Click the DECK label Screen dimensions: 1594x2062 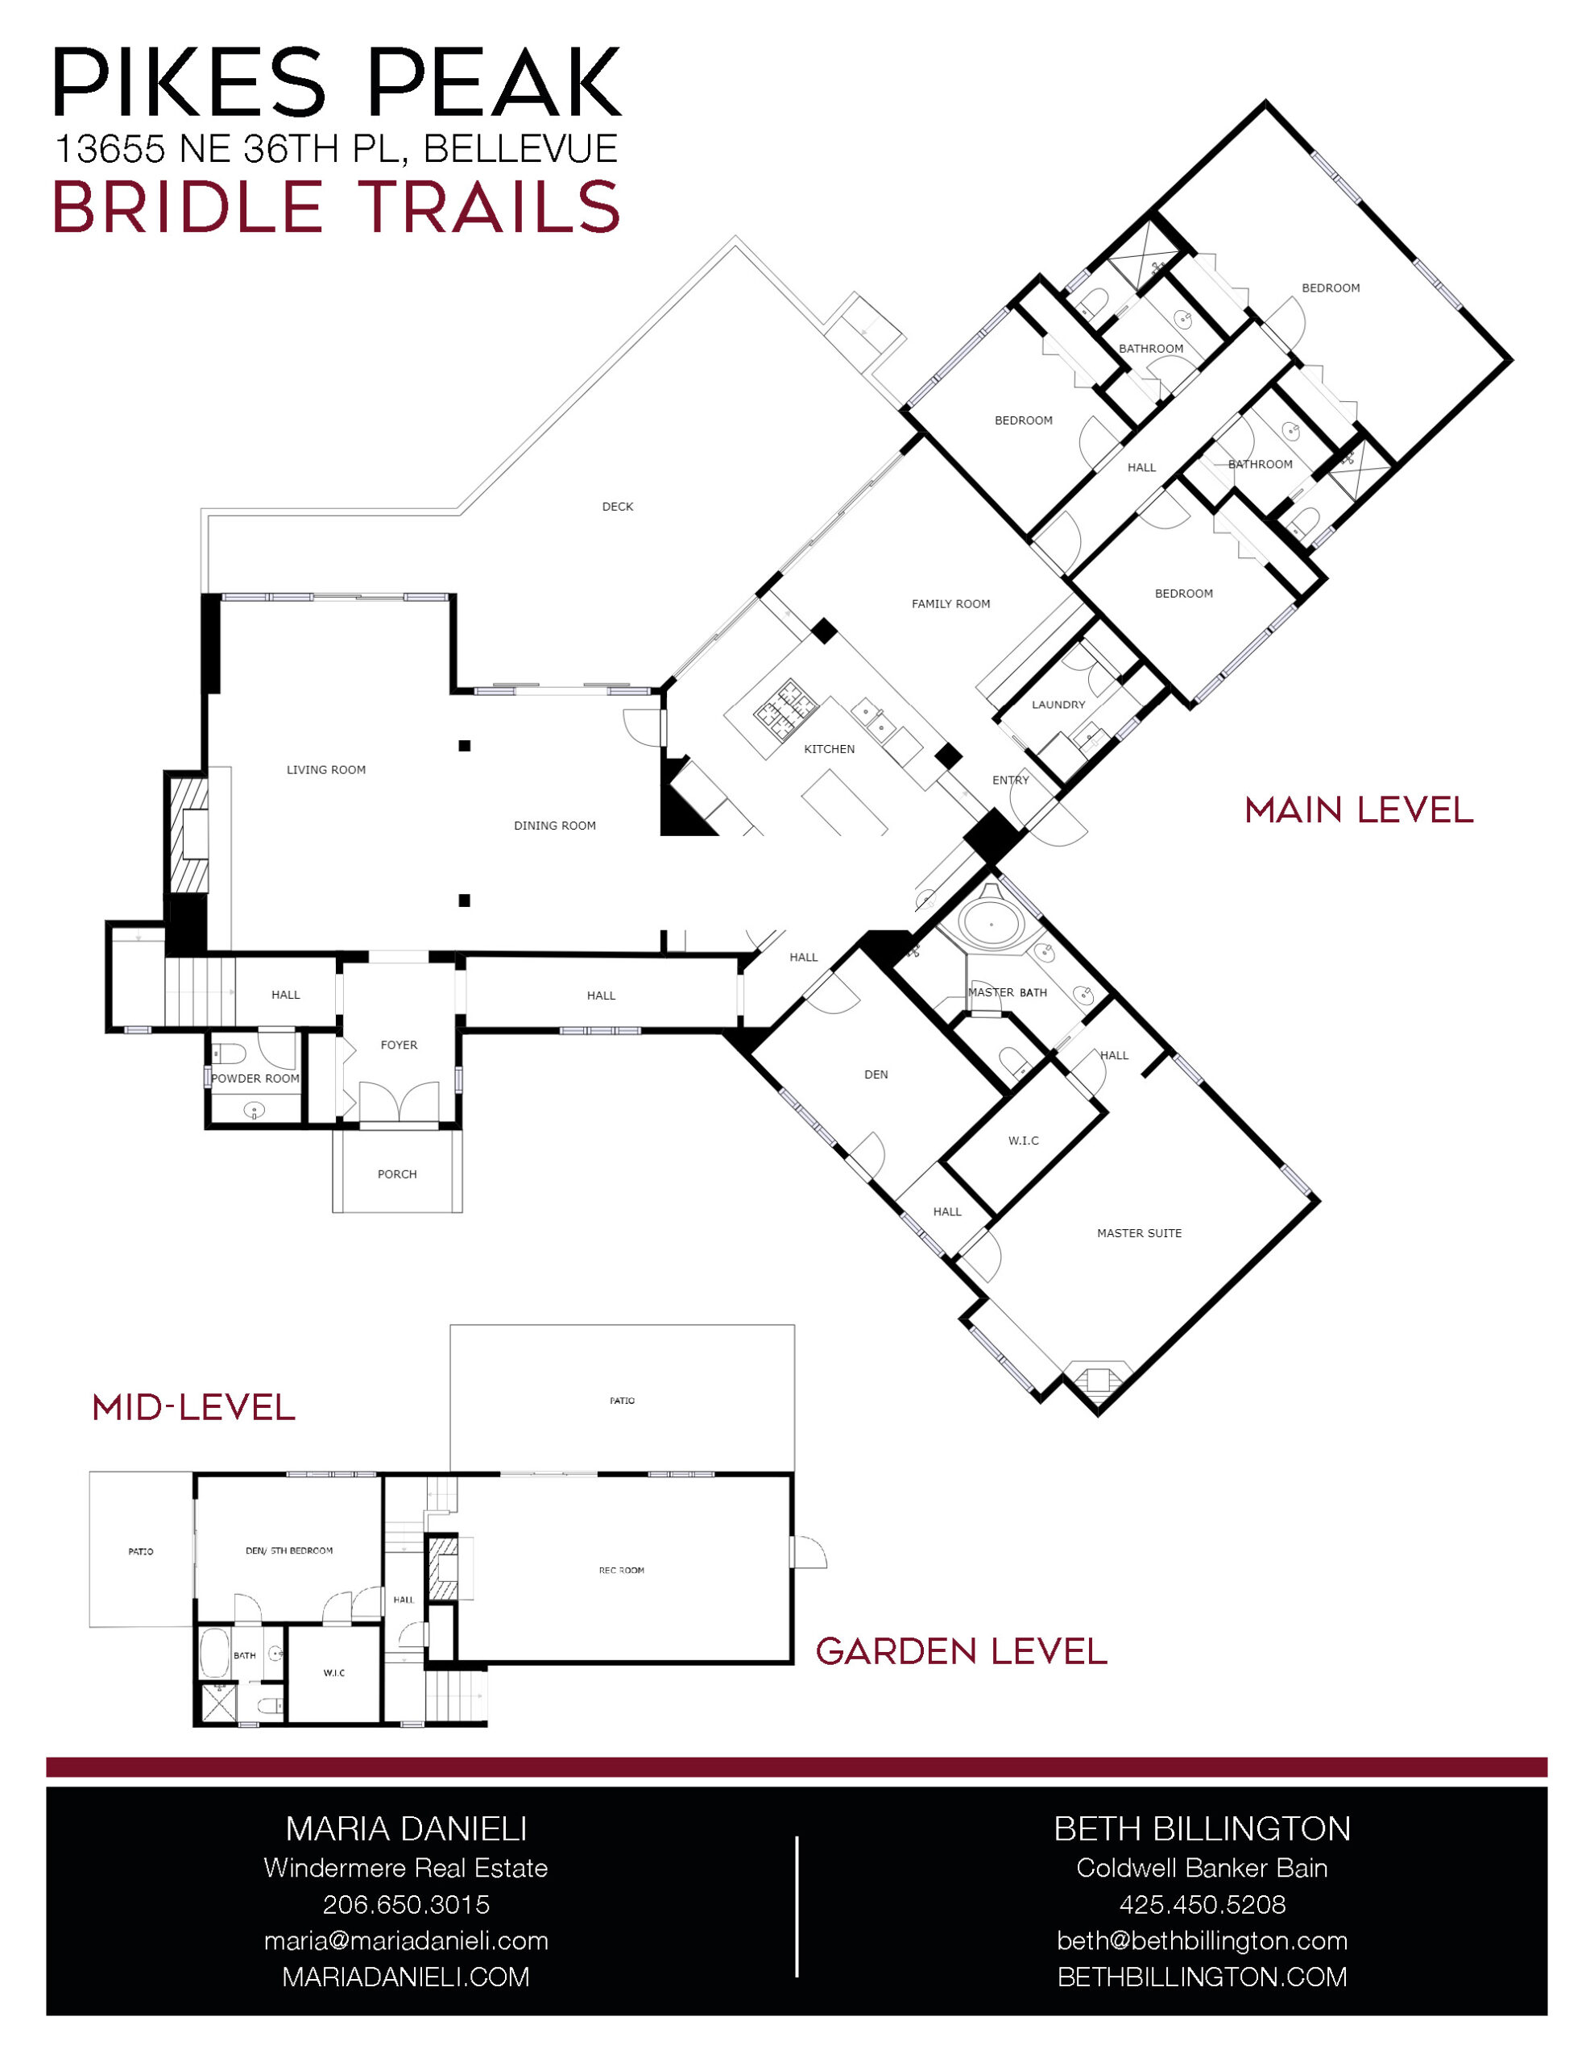(618, 507)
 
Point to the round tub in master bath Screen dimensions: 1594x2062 (991, 925)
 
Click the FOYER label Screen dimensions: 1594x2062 (399, 1045)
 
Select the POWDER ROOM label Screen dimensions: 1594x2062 (255, 1079)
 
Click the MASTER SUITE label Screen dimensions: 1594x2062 (1139, 1233)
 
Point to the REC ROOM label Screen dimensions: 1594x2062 (621, 1570)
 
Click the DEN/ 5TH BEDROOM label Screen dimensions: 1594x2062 (289, 1551)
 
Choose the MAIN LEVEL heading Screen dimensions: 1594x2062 (1359, 810)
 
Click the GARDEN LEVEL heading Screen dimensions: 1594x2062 (961, 1651)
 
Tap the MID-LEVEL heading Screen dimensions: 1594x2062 (193, 1408)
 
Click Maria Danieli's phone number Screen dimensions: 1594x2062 (406, 1904)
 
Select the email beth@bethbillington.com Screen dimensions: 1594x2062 (1202, 1940)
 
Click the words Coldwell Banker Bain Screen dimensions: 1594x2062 (1202, 1868)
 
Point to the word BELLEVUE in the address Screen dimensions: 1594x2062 (521, 149)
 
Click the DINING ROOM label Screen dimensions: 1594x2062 (554, 826)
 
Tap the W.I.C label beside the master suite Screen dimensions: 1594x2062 (1024, 1141)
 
